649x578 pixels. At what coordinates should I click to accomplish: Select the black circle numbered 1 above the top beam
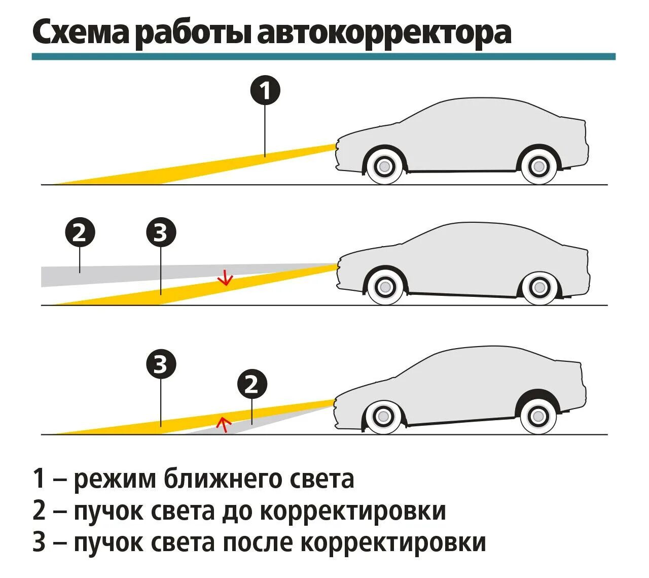(x=265, y=91)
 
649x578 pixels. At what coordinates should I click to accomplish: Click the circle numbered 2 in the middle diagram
(x=80, y=233)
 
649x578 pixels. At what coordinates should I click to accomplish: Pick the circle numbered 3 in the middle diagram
(x=161, y=233)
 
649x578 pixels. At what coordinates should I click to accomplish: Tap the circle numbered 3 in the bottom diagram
(x=161, y=364)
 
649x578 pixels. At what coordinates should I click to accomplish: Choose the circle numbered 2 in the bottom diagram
(x=252, y=385)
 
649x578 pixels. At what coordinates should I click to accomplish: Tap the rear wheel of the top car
(x=539, y=165)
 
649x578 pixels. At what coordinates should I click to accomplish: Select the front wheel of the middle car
(x=385, y=287)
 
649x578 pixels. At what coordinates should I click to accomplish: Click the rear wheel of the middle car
(x=539, y=288)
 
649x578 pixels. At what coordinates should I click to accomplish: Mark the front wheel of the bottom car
(x=384, y=417)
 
